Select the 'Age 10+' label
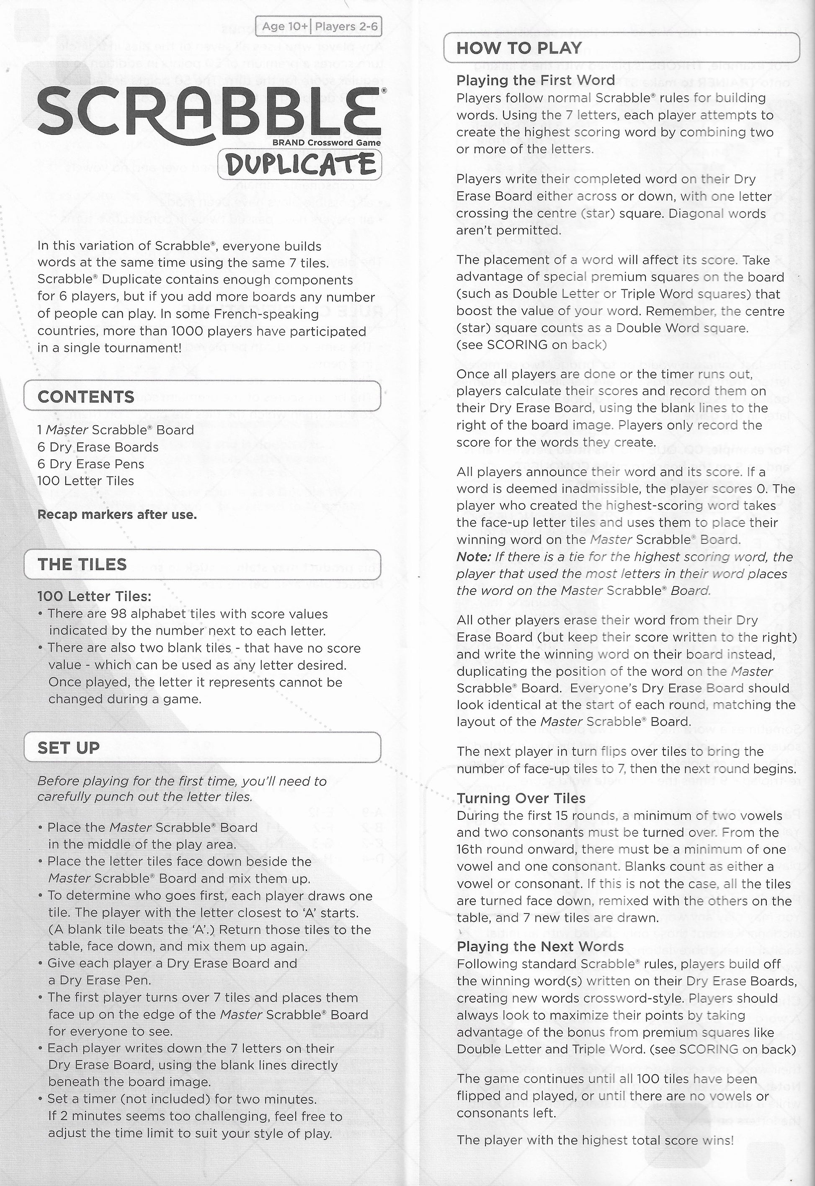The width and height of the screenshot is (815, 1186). click(x=284, y=26)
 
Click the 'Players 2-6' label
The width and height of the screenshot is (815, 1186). click(x=346, y=26)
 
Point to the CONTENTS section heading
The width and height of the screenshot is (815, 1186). click(x=86, y=396)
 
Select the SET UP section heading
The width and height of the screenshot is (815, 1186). click(x=68, y=748)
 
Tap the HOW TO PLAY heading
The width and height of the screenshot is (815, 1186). click(x=519, y=48)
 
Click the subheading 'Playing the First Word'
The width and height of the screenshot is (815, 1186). click(x=535, y=80)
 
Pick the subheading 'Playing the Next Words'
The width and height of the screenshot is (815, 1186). click(x=540, y=947)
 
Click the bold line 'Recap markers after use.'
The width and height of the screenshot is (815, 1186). click(x=117, y=515)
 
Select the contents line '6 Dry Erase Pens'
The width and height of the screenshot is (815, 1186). click(x=91, y=464)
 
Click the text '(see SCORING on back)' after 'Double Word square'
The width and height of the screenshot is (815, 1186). click(x=531, y=345)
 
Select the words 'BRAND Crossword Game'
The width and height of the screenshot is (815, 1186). click(x=326, y=142)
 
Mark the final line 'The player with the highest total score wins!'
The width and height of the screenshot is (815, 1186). click(x=595, y=1140)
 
